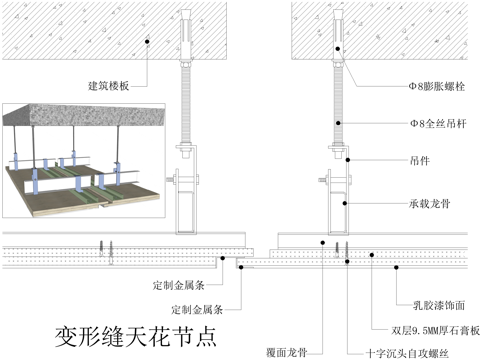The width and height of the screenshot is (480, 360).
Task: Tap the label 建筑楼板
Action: click(109, 85)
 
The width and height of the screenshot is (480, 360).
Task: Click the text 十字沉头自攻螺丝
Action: click(407, 353)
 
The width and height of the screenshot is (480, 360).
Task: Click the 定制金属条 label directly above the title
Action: click(197, 309)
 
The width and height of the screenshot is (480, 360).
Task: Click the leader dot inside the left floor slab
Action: click(147, 41)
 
